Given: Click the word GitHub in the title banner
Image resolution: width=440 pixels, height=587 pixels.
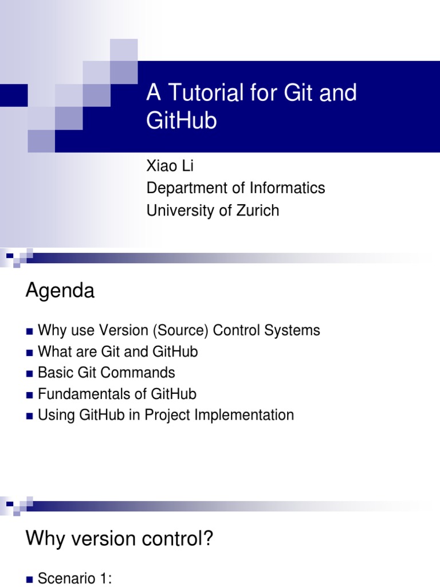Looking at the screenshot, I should click(182, 121).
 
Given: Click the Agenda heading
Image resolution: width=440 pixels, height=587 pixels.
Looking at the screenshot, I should click(60, 291).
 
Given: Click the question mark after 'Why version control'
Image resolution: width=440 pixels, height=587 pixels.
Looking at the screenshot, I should click(207, 539).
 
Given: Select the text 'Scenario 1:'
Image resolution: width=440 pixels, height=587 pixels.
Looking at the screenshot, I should click(74, 580).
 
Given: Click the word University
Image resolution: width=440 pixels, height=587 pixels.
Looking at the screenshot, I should click(182, 210).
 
